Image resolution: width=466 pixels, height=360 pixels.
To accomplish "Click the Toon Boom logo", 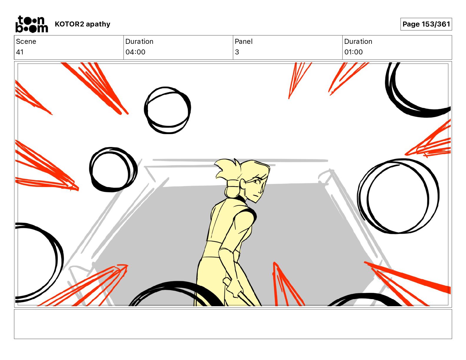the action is point(32,24).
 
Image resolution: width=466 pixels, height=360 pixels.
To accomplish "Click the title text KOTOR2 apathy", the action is point(83,24).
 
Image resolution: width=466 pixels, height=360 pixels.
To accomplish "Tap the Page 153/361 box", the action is point(426,24).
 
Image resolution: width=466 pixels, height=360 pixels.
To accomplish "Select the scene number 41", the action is point(20,52).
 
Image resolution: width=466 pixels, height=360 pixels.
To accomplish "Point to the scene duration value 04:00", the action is point(135,52).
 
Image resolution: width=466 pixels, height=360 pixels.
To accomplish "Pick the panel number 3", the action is point(237,52).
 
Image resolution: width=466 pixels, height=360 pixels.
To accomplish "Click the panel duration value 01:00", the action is point(353,52).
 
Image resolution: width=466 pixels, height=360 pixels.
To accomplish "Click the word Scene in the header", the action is point(26,41).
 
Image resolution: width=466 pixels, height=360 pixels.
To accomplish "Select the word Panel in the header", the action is point(244,41).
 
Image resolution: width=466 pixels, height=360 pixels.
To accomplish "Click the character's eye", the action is point(257,181).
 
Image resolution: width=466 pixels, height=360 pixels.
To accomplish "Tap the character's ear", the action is point(243,184).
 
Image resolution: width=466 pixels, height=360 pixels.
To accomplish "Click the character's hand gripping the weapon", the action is point(233,286).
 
